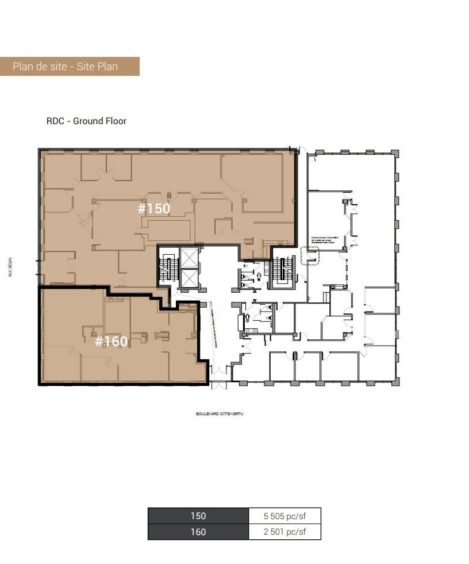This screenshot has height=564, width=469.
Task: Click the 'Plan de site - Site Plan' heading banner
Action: (x=70, y=66)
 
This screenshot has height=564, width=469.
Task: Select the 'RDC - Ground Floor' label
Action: (x=86, y=121)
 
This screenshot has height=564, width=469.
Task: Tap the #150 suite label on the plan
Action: (x=154, y=208)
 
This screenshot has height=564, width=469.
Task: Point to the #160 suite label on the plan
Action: (x=111, y=342)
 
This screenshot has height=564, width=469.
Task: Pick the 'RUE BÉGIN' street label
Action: (x=10, y=267)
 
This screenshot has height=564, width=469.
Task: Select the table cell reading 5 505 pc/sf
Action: (x=285, y=516)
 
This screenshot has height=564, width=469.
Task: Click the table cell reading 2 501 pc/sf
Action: (x=285, y=532)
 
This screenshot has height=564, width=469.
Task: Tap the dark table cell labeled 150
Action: (x=198, y=516)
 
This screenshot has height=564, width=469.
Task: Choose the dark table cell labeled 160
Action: (x=198, y=532)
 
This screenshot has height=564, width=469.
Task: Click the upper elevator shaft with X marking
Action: (x=189, y=258)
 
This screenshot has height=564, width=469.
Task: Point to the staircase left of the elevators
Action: (x=168, y=269)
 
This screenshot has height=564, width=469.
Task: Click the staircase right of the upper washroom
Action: (x=282, y=268)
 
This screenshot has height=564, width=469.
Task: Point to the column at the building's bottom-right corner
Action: (x=395, y=382)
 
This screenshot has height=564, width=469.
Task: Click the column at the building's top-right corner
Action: (x=395, y=152)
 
